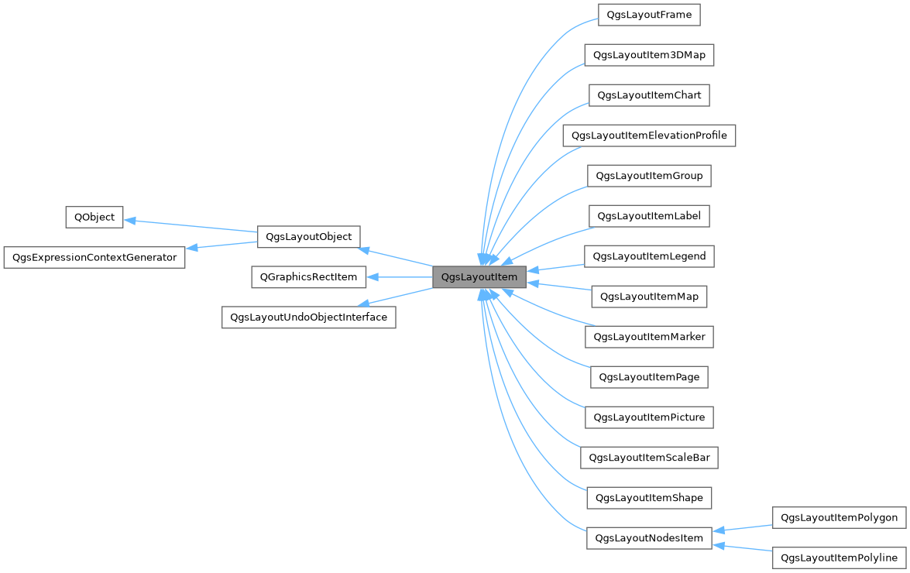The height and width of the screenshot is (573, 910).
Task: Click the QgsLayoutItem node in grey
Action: pos(479,276)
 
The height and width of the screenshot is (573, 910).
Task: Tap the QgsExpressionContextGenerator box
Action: pos(94,257)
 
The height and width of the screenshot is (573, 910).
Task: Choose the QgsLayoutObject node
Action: pos(308,236)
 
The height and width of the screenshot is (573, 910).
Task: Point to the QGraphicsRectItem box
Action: pos(308,276)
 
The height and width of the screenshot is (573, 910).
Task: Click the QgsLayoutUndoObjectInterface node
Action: pos(308,317)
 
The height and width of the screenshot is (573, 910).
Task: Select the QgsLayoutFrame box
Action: pos(649,15)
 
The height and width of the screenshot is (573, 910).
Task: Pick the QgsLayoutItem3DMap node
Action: pos(649,55)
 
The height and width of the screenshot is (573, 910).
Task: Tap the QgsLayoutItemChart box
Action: pos(649,95)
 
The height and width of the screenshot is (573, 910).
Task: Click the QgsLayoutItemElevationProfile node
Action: pos(649,136)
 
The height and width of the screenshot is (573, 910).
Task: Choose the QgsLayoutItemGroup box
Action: pos(649,176)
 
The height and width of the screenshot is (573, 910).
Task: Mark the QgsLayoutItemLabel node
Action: pos(649,216)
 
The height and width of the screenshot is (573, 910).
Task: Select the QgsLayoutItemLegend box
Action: pos(649,256)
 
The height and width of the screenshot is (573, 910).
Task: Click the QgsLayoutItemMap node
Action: pos(649,297)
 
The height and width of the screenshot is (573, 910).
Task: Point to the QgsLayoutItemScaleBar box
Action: pos(649,458)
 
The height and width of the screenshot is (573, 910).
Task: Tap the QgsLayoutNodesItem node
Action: pos(649,538)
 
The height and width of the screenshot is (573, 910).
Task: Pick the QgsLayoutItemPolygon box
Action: pos(840,517)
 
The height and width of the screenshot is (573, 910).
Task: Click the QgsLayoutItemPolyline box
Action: pos(840,558)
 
